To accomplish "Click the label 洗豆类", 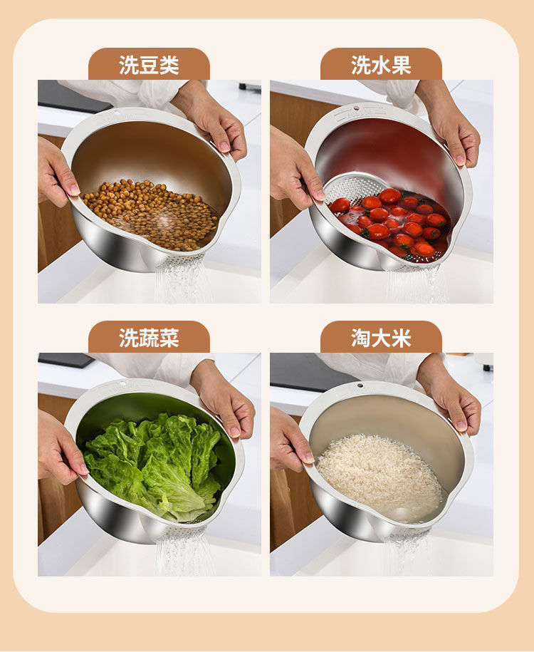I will pyautogui.click(x=149, y=65).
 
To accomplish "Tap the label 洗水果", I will pyautogui.click(x=381, y=65).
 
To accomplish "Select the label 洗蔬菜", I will pyautogui.click(x=149, y=338).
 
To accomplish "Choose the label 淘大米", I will pyautogui.click(x=381, y=338).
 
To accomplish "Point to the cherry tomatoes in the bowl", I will pyautogui.click(x=393, y=222).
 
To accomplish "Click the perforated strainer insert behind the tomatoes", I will pyautogui.click(x=353, y=187).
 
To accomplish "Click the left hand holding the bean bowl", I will pyautogui.click(x=56, y=171).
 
